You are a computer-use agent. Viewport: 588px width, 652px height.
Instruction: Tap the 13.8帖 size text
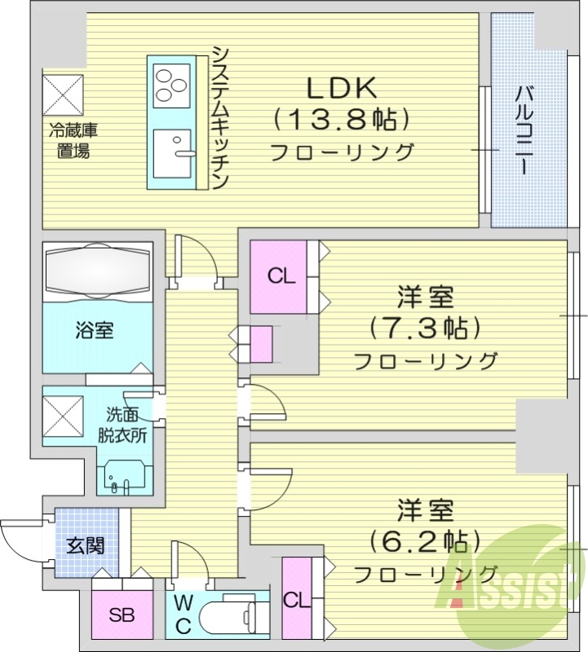(340, 121)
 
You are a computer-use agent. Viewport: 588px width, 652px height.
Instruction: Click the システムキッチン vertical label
(220, 117)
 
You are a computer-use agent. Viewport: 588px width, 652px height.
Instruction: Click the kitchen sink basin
(172, 151)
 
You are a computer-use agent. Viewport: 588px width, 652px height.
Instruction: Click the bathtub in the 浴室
(98, 269)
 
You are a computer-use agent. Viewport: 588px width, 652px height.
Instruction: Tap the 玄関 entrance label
(86, 544)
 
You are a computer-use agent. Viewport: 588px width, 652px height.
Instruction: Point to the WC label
(184, 615)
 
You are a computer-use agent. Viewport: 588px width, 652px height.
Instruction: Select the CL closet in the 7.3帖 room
(281, 276)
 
